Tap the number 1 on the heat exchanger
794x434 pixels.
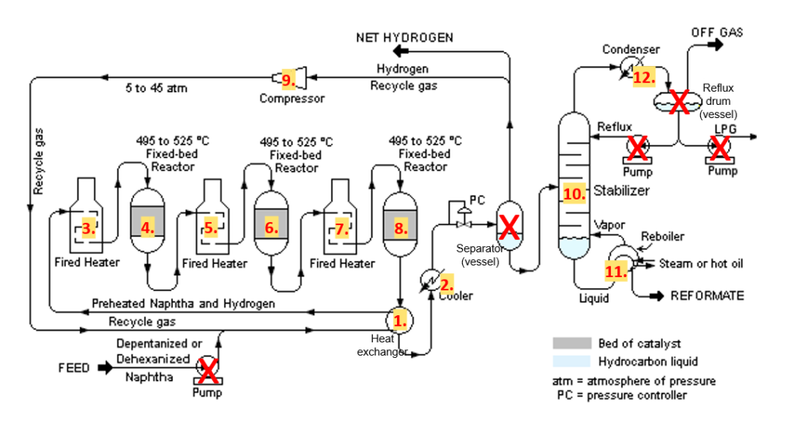(x=400, y=319)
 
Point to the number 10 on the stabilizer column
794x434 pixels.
(x=574, y=194)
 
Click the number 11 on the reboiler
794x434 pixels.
(x=616, y=271)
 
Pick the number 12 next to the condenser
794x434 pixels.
(x=644, y=78)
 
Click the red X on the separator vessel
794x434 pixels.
(x=509, y=226)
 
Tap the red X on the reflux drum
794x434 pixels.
(x=679, y=101)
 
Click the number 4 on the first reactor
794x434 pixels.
(x=147, y=227)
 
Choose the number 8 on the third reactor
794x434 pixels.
(x=400, y=227)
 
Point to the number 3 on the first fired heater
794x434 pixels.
(x=89, y=227)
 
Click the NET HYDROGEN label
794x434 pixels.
(x=404, y=37)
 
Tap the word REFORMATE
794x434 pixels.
(x=706, y=296)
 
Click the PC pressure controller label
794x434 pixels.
(x=478, y=200)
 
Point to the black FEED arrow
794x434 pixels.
(x=105, y=367)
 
